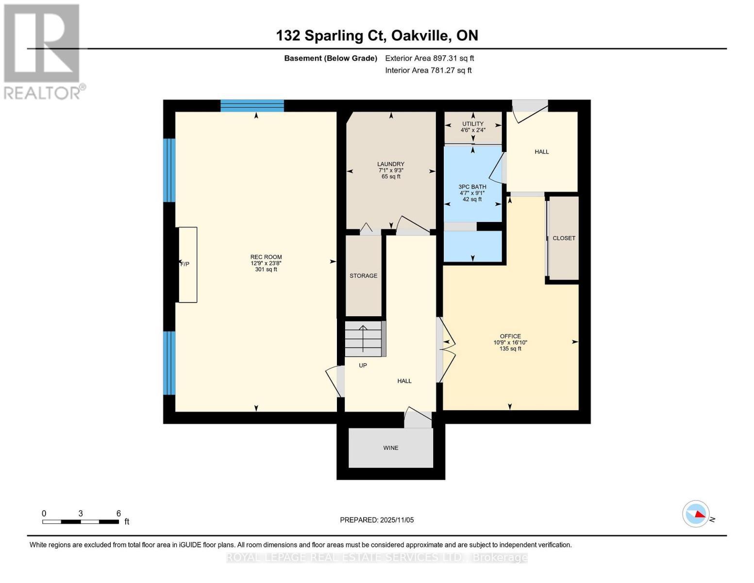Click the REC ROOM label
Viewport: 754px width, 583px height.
tap(266, 257)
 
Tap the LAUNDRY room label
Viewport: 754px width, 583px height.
tap(391, 164)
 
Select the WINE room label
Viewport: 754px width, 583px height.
tap(391, 448)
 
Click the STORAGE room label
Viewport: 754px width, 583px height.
tap(363, 276)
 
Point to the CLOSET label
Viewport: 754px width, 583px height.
tap(564, 238)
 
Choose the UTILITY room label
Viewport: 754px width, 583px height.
tap(472, 124)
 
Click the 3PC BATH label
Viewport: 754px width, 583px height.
tap(472, 187)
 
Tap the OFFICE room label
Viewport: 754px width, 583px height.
tap(510, 336)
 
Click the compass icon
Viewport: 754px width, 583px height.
tap(696, 514)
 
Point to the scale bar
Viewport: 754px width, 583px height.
tap(81, 522)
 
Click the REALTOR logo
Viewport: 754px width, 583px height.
tap(43, 51)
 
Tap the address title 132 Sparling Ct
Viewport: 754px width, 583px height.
tap(377, 35)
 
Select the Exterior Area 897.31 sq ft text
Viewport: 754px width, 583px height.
tap(429, 58)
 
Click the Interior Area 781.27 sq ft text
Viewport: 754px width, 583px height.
tap(428, 70)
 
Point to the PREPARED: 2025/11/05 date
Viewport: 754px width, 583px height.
tap(377, 520)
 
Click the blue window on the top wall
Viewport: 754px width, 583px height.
tap(252, 105)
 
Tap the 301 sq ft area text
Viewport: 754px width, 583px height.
tap(266, 270)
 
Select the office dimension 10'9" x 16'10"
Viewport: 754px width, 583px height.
tap(510, 343)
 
